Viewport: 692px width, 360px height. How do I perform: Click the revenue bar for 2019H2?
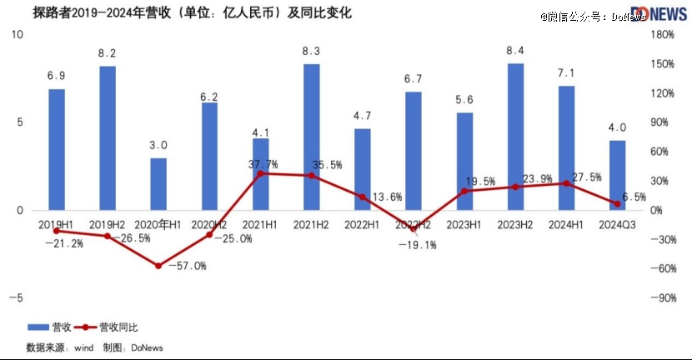(108, 137)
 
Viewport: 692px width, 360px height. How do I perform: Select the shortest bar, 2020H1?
(158, 183)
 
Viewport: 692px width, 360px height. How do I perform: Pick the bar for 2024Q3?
(618, 175)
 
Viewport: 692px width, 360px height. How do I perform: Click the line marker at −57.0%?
(158, 266)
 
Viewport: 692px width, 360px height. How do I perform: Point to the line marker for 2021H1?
(260, 173)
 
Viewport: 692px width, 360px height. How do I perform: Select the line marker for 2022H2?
(414, 228)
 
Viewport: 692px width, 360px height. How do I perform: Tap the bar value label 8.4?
(515, 52)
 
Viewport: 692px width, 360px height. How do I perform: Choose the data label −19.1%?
(417, 245)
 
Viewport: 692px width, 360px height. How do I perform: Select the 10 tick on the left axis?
(18, 34)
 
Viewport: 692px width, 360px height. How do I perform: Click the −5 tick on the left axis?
(18, 297)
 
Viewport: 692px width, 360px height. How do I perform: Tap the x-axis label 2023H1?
(464, 224)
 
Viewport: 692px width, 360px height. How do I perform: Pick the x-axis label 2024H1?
(566, 224)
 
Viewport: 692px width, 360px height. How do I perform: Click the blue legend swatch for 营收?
(38, 327)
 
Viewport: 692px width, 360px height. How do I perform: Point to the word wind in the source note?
(83, 347)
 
